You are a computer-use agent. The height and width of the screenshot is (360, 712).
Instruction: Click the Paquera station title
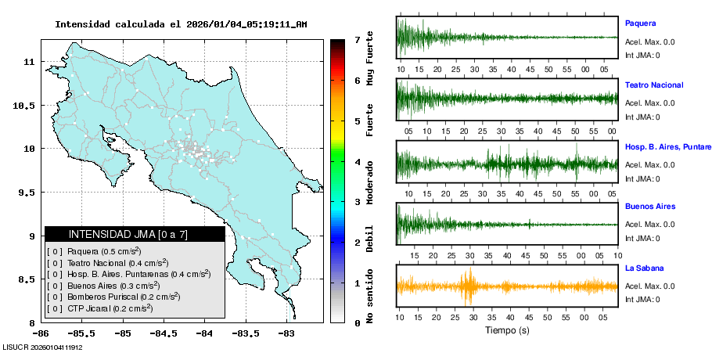tap(640, 23)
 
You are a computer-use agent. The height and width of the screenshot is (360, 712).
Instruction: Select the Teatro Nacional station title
tap(654, 85)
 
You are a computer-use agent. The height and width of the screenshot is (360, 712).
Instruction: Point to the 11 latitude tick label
tap(28, 61)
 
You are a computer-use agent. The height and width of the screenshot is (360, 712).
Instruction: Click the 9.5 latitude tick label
tap(24, 193)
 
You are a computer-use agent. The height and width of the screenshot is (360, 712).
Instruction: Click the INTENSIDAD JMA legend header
tap(135, 234)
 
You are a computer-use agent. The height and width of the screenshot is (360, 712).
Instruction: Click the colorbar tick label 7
tap(357, 39)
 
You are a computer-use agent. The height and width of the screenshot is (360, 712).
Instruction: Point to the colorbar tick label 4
tap(357, 162)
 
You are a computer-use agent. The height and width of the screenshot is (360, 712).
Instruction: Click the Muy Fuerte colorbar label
tap(369, 58)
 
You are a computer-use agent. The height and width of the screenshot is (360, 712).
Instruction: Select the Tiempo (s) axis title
tap(507, 331)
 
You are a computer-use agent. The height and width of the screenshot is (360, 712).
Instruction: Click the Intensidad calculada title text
tap(181, 24)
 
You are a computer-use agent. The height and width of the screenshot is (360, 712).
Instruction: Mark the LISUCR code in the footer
tap(43, 347)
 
